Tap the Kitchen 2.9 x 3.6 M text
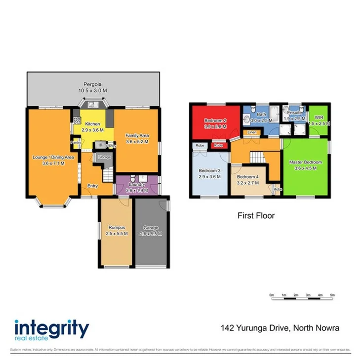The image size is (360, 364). pos(92,127)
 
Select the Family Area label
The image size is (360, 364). pos(137,138)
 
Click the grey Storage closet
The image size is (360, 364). pos(104,157)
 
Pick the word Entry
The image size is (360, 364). pos(92,186)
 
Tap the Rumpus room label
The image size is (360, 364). pos(116,230)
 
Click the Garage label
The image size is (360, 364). pos(151,230)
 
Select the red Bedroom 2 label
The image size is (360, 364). pos(215,123)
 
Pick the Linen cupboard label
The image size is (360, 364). pos(252,132)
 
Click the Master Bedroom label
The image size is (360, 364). pos(306,165)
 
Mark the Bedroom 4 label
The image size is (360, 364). pos(247,180)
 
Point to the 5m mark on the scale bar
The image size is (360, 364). pos(332,295)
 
